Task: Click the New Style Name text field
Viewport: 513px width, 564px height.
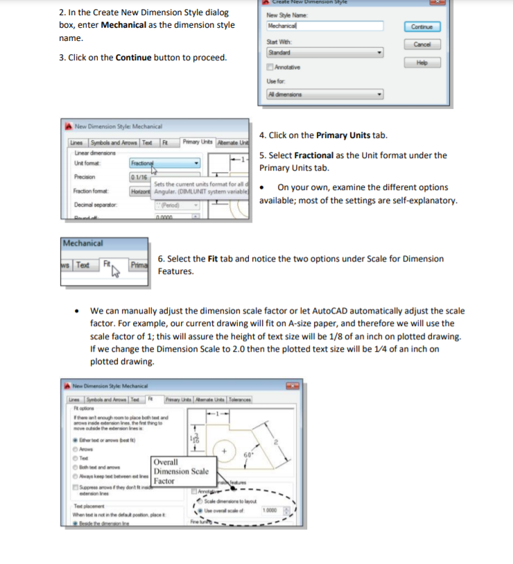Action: click(x=324, y=26)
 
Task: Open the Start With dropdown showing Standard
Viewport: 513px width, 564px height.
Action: click(x=324, y=52)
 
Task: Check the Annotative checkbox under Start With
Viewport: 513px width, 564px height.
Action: click(x=270, y=67)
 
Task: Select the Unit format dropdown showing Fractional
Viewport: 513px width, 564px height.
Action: click(x=164, y=164)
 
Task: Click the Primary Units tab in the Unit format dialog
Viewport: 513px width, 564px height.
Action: click(x=196, y=142)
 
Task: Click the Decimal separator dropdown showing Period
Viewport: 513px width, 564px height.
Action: click(x=177, y=205)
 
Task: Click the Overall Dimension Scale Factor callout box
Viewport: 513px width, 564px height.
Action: click(x=180, y=471)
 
